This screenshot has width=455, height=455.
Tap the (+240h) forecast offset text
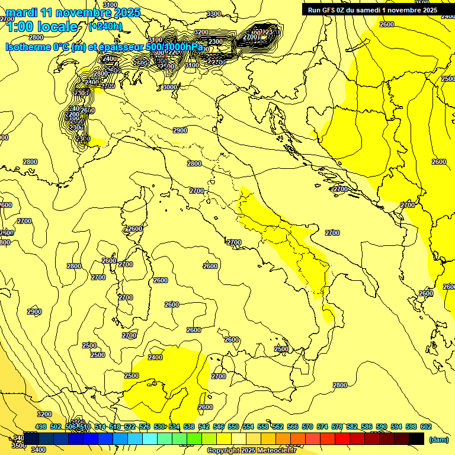tap(105, 27)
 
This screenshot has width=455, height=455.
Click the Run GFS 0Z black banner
tap(373, 10)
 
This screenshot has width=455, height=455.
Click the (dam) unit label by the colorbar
tap(439, 440)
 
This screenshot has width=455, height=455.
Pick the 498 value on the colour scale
tap(41, 427)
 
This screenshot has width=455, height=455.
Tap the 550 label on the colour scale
tap(233, 427)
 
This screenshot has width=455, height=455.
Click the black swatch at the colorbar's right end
tap(416, 438)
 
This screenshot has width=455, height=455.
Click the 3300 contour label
tap(214, 14)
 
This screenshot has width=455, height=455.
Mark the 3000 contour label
tap(170, 87)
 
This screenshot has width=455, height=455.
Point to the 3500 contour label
tap(18, 446)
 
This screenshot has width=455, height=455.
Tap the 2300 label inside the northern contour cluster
tap(216, 41)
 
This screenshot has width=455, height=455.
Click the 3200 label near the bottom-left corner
tap(44, 414)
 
